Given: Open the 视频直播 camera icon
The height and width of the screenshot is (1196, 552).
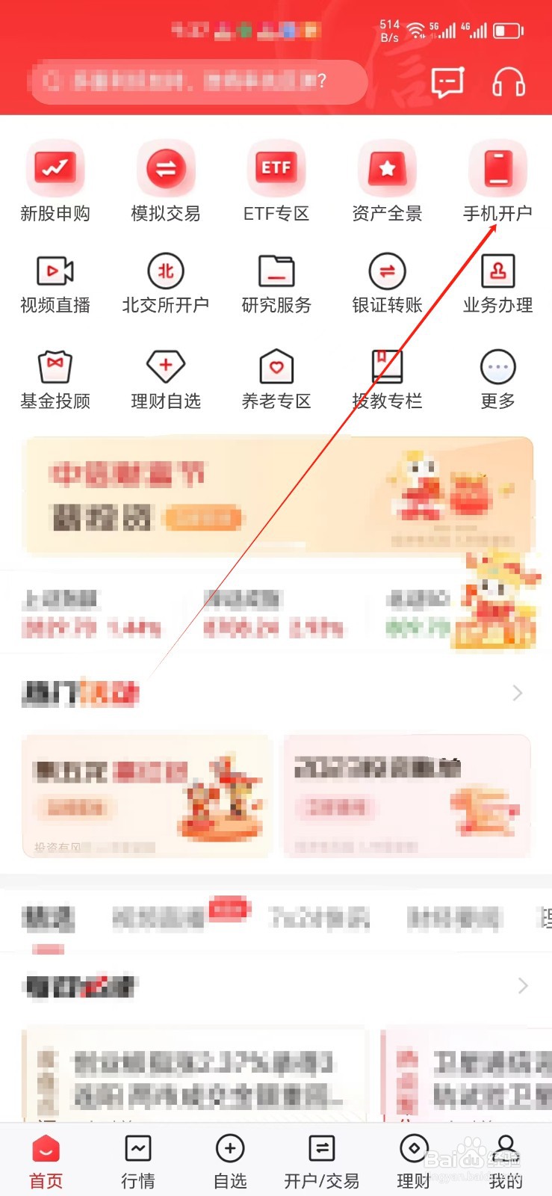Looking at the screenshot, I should pos(55,271).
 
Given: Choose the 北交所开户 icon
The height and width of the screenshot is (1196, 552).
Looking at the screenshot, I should pos(166,271).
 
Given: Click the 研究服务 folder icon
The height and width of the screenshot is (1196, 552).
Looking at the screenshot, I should pos(276,271).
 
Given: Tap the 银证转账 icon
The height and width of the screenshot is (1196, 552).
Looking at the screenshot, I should pos(387,271).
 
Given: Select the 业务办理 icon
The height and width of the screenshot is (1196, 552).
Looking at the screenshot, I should pos(498,271).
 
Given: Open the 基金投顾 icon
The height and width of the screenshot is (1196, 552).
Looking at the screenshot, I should pos(55,366).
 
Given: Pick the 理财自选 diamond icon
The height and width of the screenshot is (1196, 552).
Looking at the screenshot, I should pos(166,366).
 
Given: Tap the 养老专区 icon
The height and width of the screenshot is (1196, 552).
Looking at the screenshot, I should pos(276,366).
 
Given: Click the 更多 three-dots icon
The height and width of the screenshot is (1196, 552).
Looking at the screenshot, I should pos(498,366).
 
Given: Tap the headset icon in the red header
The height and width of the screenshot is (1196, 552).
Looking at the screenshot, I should pos(509,82).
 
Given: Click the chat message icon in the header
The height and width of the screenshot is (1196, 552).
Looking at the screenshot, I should pos(447,82).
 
